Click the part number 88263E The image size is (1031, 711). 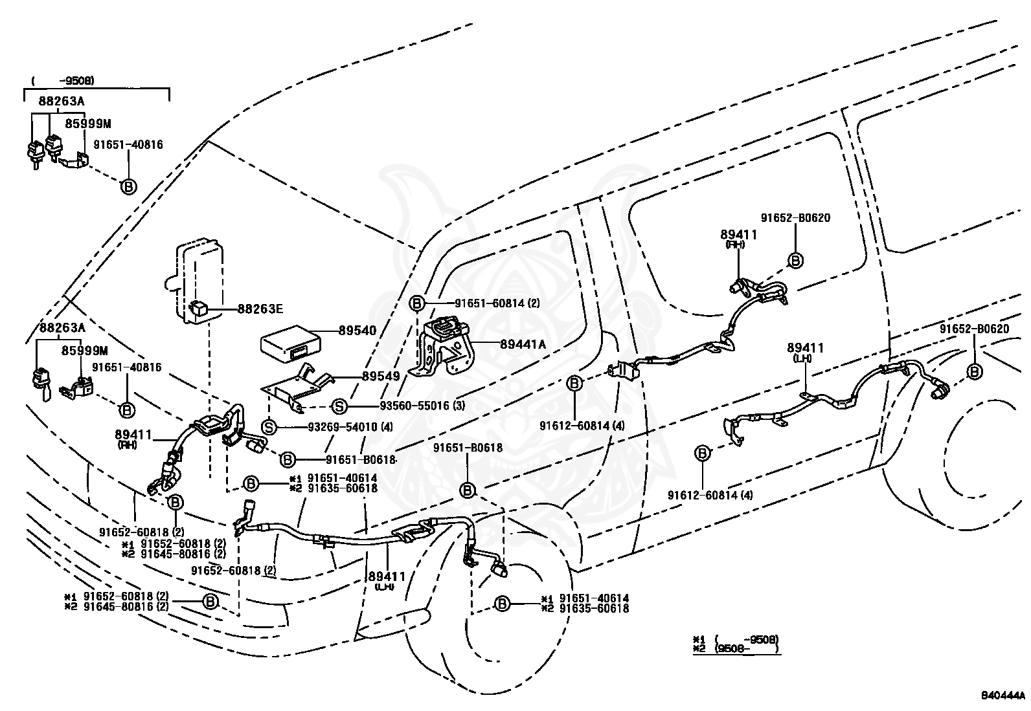(x=260, y=309)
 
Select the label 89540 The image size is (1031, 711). (x=357, y=330)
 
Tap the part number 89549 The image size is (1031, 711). (x=381, y=376)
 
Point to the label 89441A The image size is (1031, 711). (x=523, y=344)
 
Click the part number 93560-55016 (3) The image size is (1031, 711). (x=422, y=406)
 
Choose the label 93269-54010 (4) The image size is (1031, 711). (x=350, y=427)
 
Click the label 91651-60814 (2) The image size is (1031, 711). (x=497, y=303)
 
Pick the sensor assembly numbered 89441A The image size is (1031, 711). (x=442, y=346)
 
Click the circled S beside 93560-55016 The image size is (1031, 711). (x=339, y=406)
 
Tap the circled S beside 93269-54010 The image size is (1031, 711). (x=269, y=427)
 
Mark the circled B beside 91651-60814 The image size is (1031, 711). (x=416, y=303)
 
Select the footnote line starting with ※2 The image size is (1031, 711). (x=736, y=649)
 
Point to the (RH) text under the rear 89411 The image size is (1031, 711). (x=735, y=245)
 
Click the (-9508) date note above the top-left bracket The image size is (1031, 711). (x=63, y=81)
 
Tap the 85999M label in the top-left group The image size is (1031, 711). (x=88, y=124)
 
